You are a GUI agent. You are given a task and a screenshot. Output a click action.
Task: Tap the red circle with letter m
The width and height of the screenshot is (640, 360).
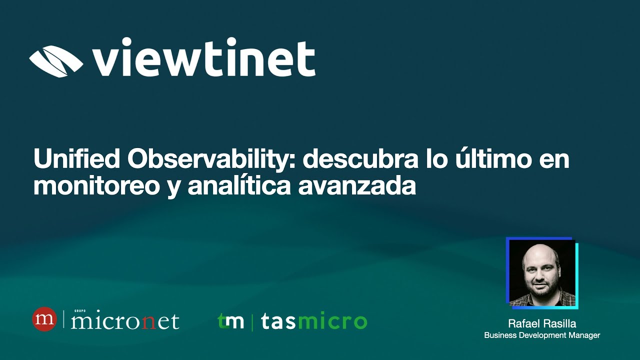pos(45,319)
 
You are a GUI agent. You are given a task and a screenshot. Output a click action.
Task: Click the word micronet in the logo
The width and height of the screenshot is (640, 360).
pos(125,321)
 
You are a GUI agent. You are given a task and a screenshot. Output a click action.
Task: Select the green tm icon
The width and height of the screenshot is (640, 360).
pos(231,321)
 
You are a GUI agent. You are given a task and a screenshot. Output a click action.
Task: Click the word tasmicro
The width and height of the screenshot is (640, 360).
pos(313,322)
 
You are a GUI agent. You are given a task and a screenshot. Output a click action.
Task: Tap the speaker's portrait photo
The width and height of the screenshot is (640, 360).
pos(542,272)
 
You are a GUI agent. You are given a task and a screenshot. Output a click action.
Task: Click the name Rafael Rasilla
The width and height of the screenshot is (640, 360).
pos(542,323)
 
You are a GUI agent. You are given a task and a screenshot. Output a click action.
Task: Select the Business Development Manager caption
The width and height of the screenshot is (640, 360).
pos(542,335)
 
